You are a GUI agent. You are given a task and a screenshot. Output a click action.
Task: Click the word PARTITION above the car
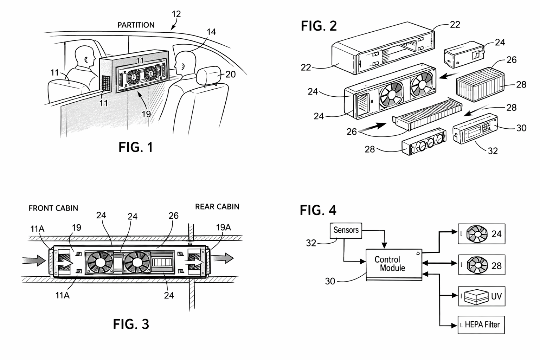136,25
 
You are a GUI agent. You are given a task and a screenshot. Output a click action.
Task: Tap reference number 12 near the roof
176,14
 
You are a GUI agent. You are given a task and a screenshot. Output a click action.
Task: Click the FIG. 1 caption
136,147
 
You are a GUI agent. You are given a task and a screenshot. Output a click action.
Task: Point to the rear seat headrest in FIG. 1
209,75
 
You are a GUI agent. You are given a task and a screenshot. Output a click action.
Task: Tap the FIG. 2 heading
319,26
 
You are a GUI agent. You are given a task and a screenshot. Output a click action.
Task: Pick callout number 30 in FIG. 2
521,128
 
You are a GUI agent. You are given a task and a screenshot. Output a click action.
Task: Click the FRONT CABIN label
53,208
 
